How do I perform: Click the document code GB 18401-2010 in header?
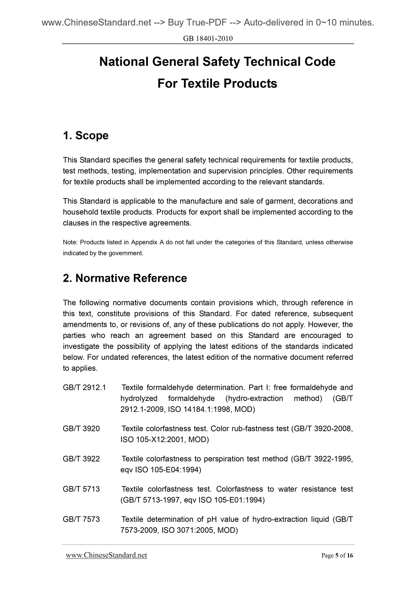(208, 39)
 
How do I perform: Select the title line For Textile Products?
(217, 84)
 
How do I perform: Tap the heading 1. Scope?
(86, 135)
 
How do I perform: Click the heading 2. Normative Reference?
(125, 278)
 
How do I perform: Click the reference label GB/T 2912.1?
(84, 387)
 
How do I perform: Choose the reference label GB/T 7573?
(81, 519)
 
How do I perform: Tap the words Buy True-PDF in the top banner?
(197, 23)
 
